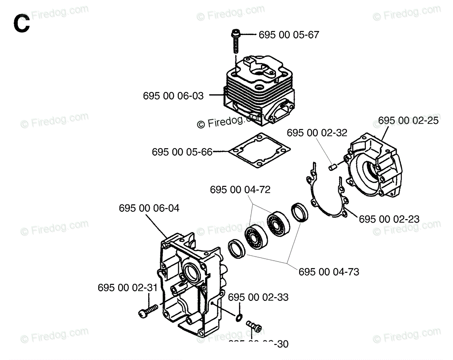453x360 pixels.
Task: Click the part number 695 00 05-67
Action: coord(289,35)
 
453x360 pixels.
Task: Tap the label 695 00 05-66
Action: coord(182,152)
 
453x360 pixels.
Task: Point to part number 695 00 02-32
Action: coord(317,133)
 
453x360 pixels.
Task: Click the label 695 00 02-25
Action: coord(408,121)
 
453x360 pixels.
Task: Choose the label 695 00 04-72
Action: coord(240,190)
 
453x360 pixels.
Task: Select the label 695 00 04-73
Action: coord(329,272)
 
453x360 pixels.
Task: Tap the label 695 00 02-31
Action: coord(127,288)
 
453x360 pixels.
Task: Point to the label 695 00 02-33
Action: coord(258,297)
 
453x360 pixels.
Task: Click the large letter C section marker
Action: coord(21,24)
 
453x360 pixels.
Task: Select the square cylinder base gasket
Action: coord(259,151)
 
